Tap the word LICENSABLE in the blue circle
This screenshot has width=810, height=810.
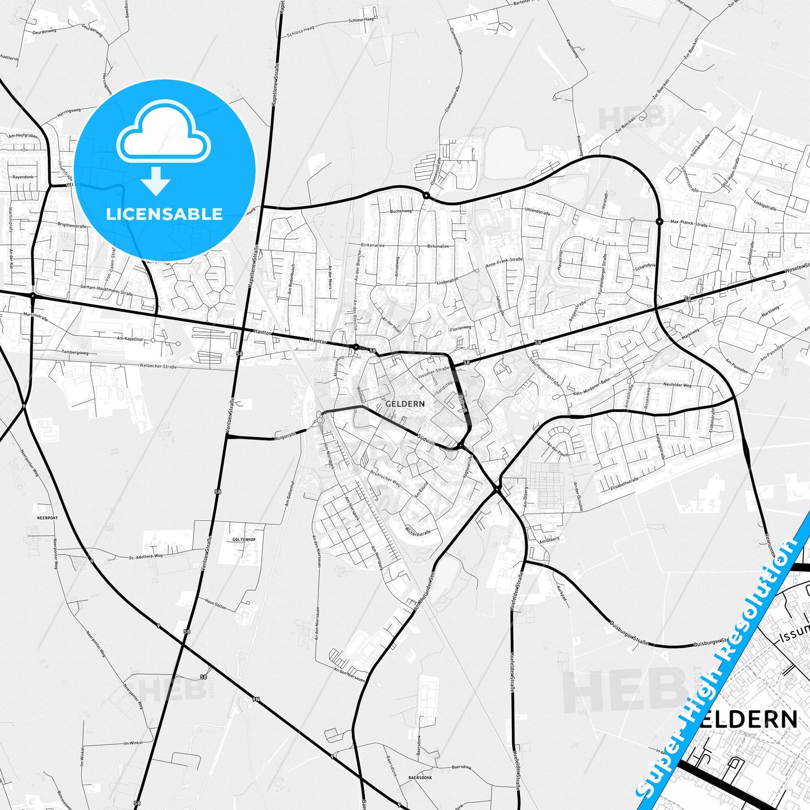164,214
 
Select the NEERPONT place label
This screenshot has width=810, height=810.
47,518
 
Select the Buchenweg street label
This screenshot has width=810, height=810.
401,211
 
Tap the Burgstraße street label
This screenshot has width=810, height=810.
285,436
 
